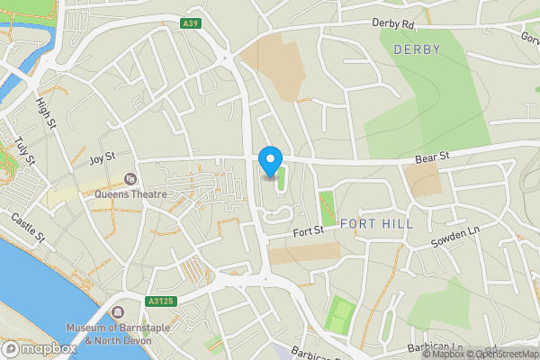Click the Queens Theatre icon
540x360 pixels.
point(130,179)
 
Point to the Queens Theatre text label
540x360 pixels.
point(130,193)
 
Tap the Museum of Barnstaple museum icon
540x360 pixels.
point(118,312)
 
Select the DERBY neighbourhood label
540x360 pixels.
point(417,49)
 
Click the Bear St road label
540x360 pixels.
point(432,157)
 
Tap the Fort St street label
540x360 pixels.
point(309,231)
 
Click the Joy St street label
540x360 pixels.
point(103,157)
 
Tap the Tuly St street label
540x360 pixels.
point(24,151)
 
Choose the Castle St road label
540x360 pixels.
point(27,227)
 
